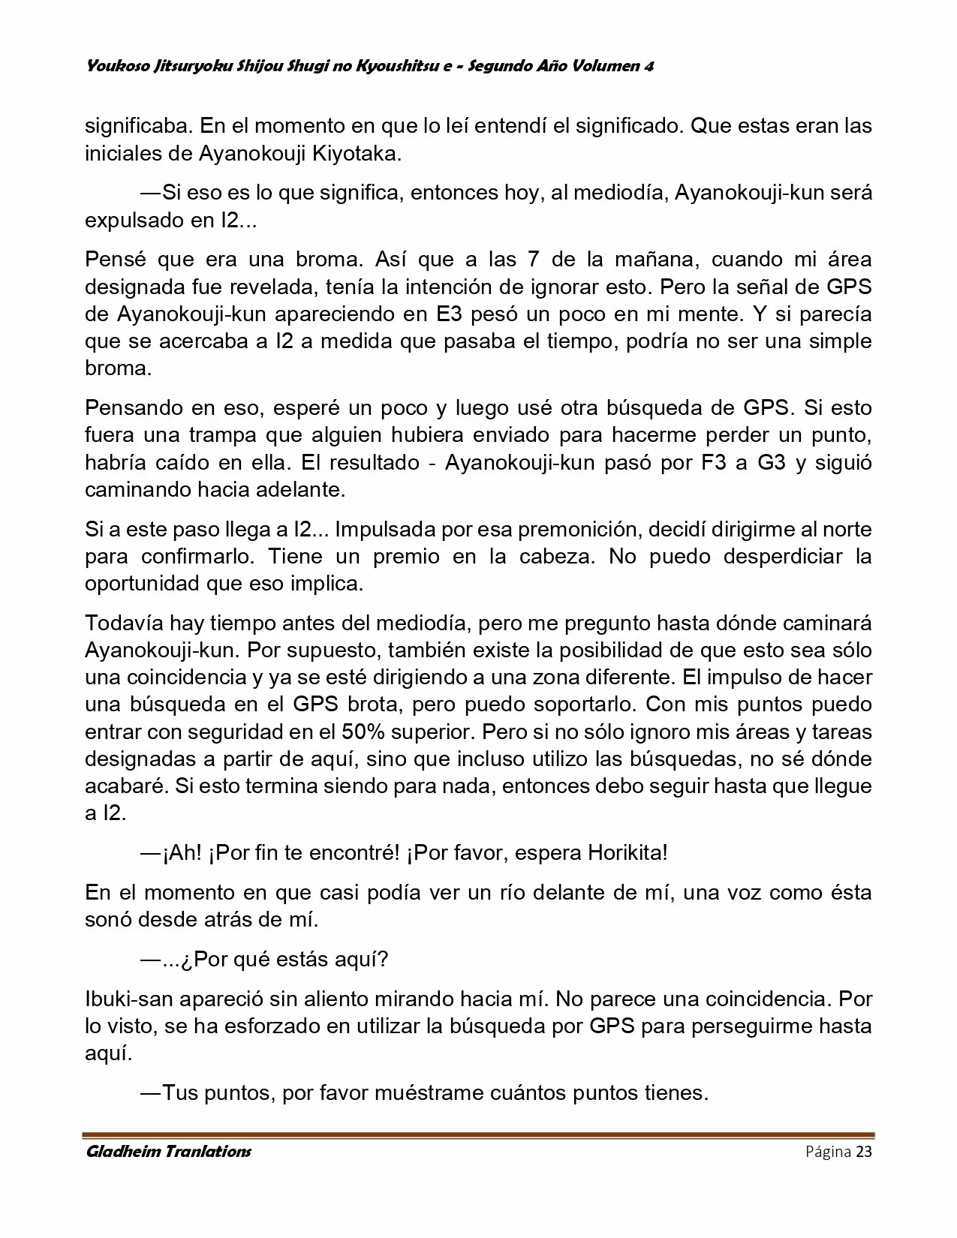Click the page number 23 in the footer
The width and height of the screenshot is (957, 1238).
863,1152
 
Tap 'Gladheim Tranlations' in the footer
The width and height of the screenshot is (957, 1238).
168,1152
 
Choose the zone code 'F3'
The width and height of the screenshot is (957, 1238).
714,462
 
